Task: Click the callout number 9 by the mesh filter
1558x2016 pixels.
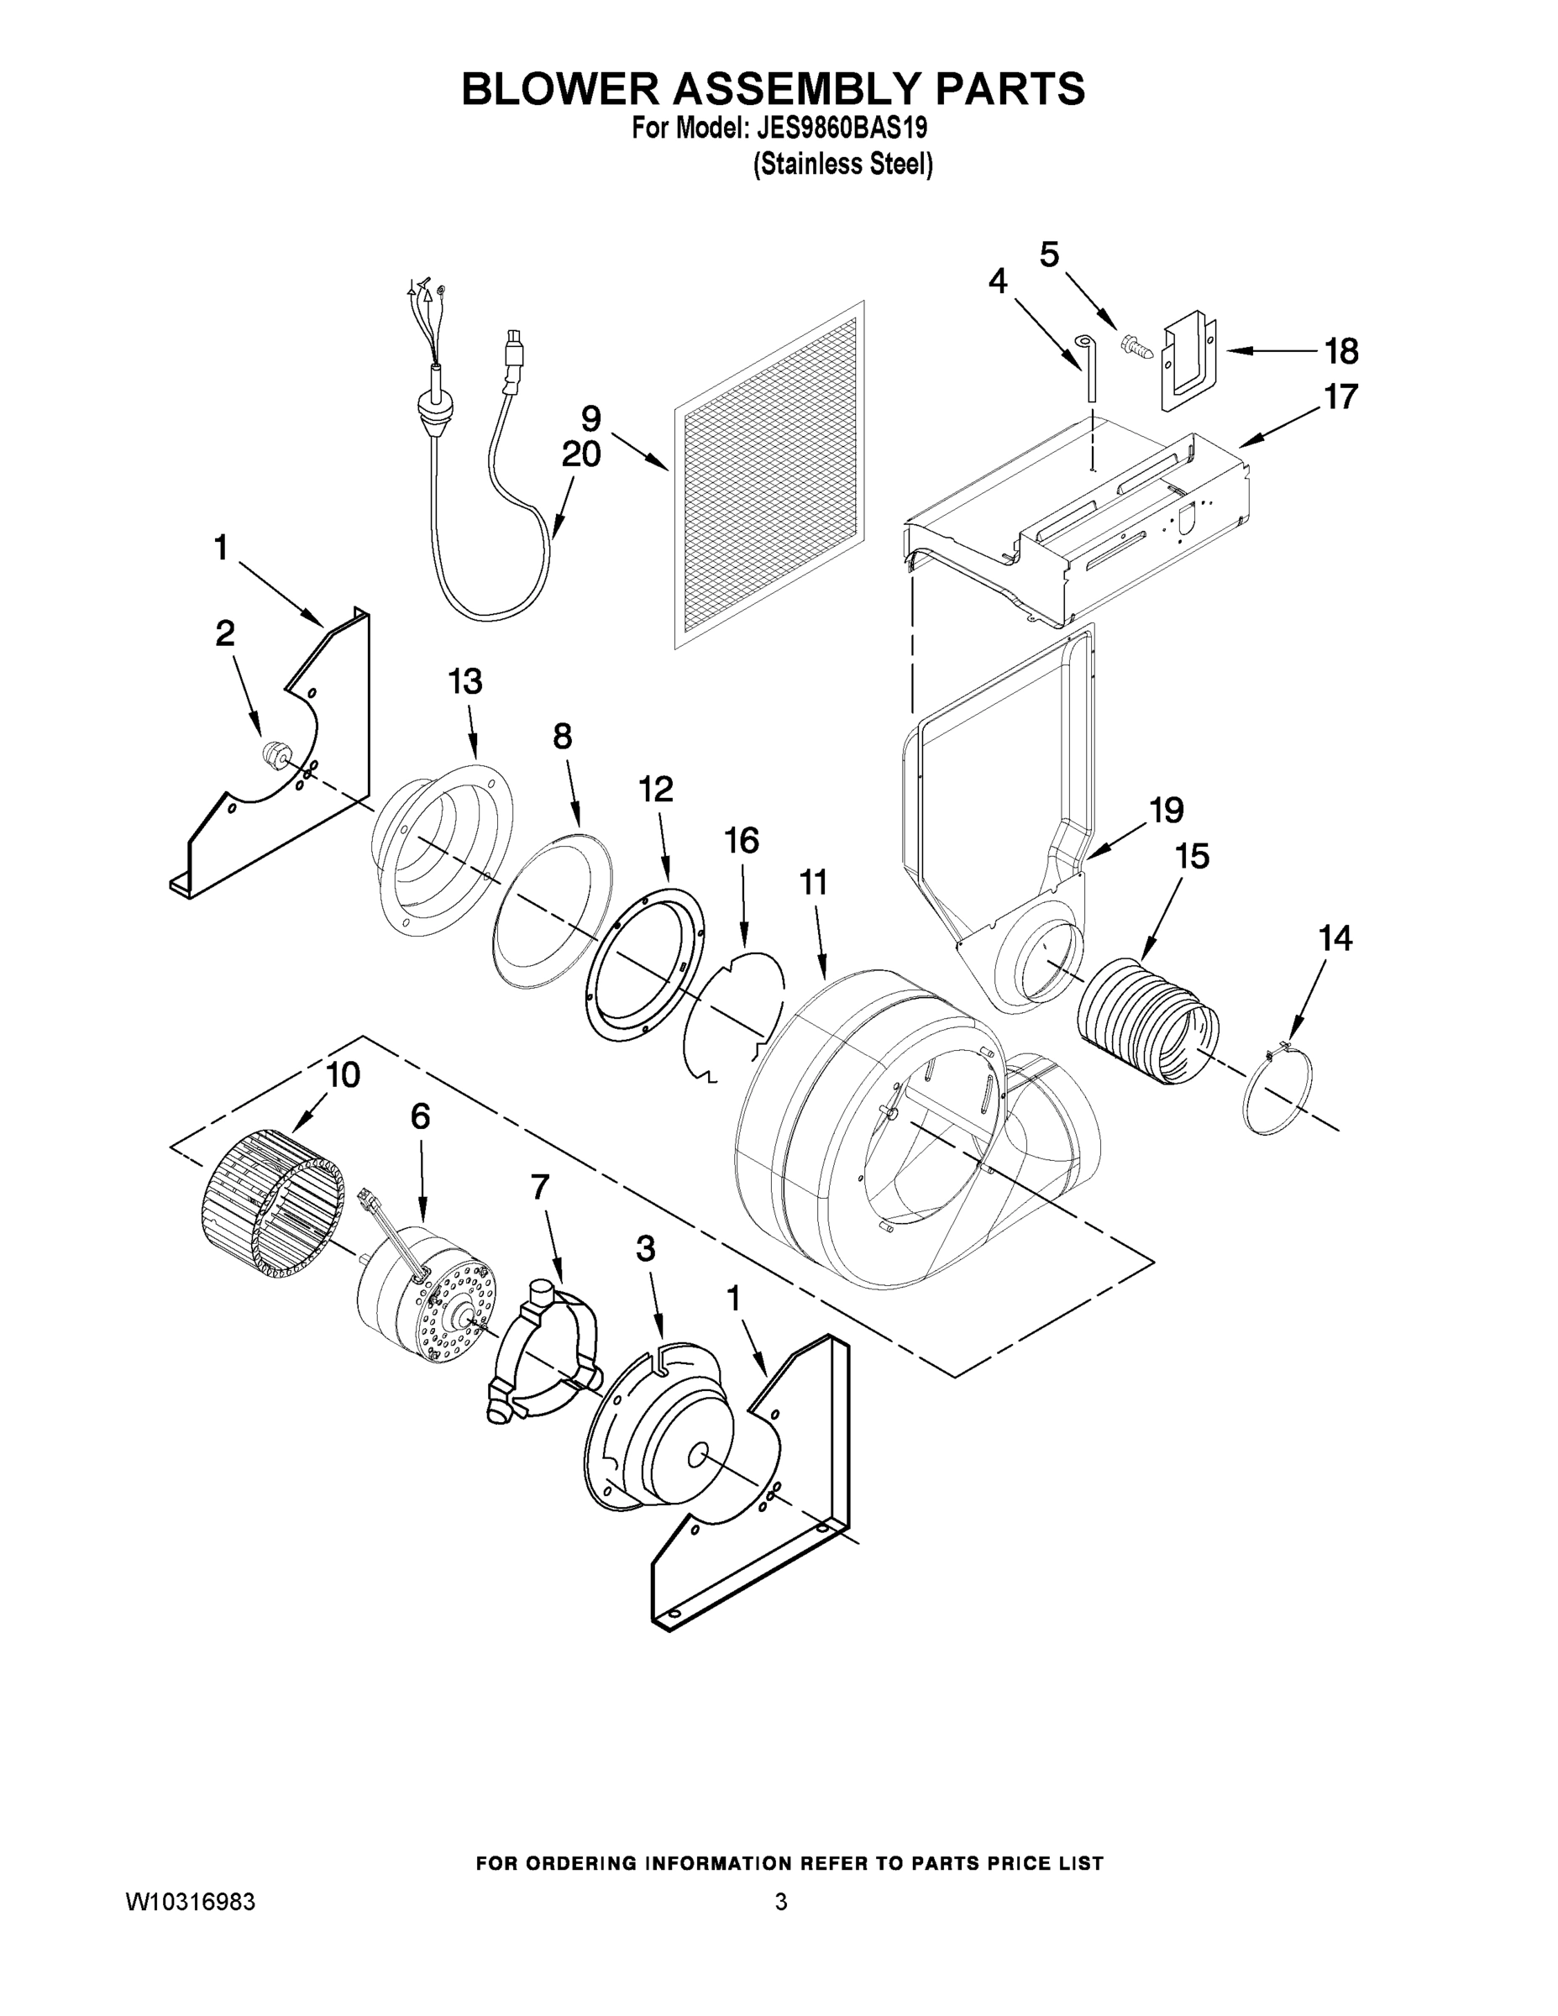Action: pyautogui.click(x=590, y=418)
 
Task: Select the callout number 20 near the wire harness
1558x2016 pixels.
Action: pyautogui.click(x=580, y=454)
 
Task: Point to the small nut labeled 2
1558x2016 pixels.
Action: pyautogui.click(x=272, y=753)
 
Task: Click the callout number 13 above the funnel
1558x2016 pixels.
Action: pyautogui.click(x=465, y=682)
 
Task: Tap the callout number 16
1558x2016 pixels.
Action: pyautogui.click(x=741, y=841)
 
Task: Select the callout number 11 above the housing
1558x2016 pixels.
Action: pyautogui.click(x=812, y=884)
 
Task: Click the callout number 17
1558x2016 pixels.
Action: pyautogui.click(x=1340, y=397)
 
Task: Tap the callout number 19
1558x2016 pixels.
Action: pyautogui.click(x=1166, y=810)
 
